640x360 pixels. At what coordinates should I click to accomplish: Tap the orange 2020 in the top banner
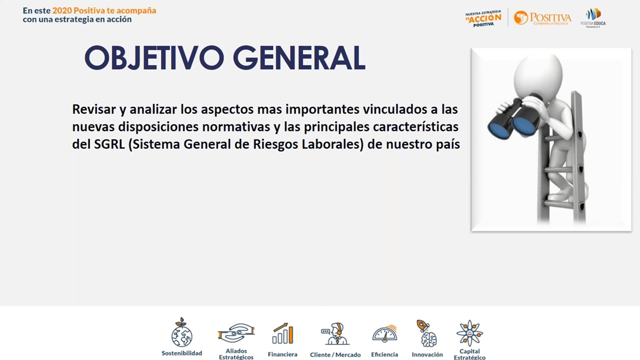tap(62, 10)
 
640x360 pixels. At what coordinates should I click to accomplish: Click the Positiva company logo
tap(542, 18)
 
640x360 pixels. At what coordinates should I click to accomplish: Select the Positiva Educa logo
tap(593, 18)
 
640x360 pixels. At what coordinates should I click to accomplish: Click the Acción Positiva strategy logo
tap(483, 18)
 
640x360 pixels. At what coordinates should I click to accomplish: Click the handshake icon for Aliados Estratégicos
tap(236, 333)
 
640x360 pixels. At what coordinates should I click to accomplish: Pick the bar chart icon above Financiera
tap(282, 333)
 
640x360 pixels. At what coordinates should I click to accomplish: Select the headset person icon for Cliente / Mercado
tap(335, 333)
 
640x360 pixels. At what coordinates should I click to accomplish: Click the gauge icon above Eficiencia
tap(384, 334)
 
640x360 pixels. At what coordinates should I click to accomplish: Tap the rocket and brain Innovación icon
tap(426, 333)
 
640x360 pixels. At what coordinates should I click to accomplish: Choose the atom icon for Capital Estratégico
tap(469, 333)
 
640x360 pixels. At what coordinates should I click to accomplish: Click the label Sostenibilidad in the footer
tap(181, 353)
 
